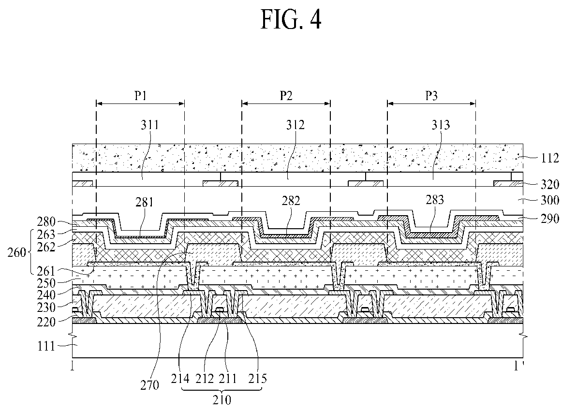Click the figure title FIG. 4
pos(291,19)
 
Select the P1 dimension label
pos(140,96)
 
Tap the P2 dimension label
pos(286,96)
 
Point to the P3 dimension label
pos(431,96)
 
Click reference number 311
pos(150,125)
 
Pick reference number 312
pos(295,125)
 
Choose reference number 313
pos(441,125)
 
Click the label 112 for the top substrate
pos(550,158)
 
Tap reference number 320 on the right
pos(550,184)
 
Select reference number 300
pos(550,201)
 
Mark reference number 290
pos(550,219)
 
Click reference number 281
pos(144,202)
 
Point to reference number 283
pos(435,200)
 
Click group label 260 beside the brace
pos(17,253)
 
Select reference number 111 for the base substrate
pos(46,346)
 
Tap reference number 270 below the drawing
pos(149,385)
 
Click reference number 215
pos(258,379)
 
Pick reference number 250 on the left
pos(46,283)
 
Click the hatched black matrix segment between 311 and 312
pos(221,183)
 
